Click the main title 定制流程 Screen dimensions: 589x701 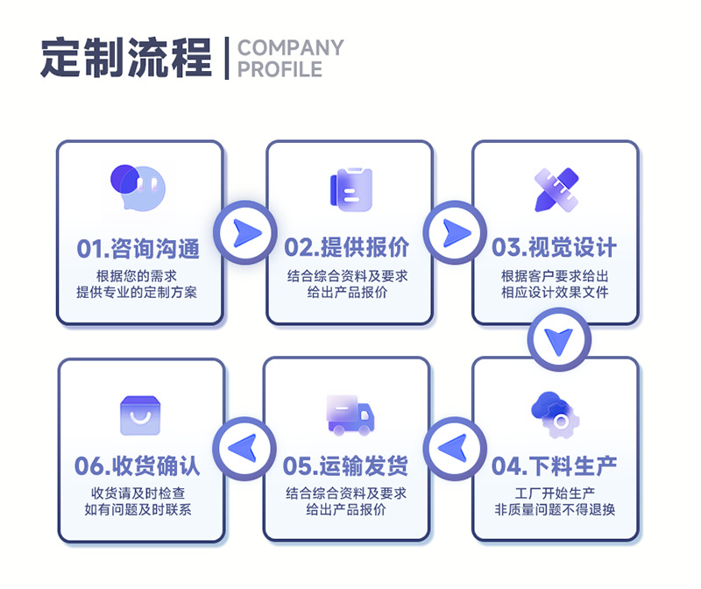click(126, 58)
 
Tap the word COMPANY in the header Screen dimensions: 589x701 click(290, 47)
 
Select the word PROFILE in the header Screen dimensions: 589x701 click(280, 69)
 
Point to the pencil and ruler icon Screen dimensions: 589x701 click(556, 188)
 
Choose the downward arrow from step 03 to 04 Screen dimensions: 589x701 click(558, 340)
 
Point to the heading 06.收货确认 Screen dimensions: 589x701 click(138, 465)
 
